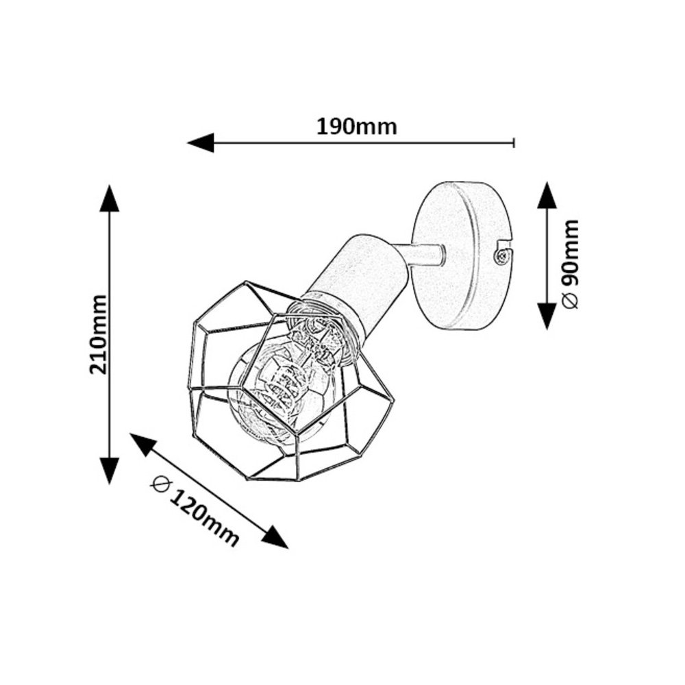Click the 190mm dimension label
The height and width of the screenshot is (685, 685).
(356, 127)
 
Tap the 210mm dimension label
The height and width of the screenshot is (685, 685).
(98, 334)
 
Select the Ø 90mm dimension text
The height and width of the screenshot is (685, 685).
(570, 264)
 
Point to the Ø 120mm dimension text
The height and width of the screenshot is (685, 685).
(196, 512)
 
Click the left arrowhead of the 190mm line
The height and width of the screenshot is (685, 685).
(201, 142)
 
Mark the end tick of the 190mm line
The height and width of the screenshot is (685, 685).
(514, 142)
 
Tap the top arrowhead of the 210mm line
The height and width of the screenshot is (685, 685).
(109, 199)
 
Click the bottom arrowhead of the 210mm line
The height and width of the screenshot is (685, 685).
(109, 470)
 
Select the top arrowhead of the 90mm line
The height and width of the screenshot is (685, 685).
(547, 195)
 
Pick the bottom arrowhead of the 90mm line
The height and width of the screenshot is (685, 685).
(547, 316)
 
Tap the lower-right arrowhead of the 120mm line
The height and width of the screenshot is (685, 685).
(275, 536)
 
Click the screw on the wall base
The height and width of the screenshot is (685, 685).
(502, 256)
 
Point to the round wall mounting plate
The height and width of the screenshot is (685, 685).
(461, 257)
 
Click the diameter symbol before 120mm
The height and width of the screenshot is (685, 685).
(162, 483)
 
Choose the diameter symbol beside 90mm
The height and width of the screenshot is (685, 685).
(570, 301)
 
